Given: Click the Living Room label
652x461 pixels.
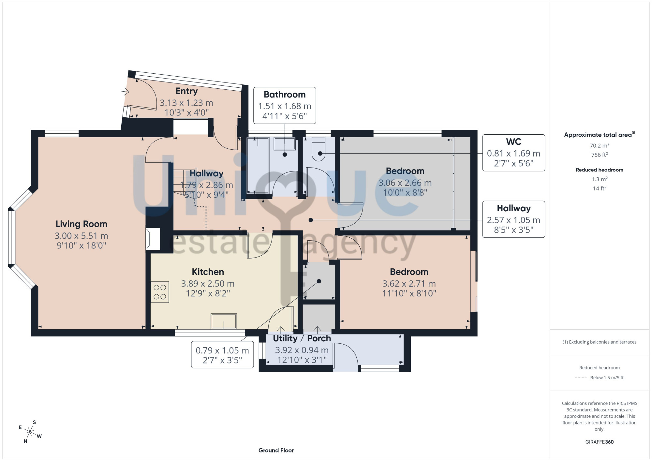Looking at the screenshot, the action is pyautogui.click(x=81, y=224).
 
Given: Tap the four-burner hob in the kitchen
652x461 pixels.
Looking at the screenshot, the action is pyautogui.click(x=160, y=292).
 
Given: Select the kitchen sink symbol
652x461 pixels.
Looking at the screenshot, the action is pyautogui.click(x=224, y=321).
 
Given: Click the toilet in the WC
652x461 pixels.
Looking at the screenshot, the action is pyautogui.click(x=319, y=149).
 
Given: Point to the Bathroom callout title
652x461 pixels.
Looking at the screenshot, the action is pyautogui.click(x=285, y=95).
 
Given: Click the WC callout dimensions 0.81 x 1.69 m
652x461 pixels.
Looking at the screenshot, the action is pyautogui.click(x=513, y=153).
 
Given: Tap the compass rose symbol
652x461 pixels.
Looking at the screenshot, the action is pyautogui.click(x=30, y=432).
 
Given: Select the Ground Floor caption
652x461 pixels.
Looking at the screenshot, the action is pyautogui.click(x=276, y=450).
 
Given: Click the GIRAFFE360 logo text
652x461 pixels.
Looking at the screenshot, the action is pyautogui.click(x=599, y=442).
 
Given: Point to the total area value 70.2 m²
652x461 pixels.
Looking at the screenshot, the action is pyautogui.click(x=599, y=145).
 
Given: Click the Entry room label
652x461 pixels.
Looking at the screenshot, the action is pyautogui.click(x=186, y=91).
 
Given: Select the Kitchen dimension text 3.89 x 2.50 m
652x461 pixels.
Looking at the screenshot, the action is pyautogui.click(x=208, y=284).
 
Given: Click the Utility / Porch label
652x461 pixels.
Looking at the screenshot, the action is pyautogui.click(x=302, y=338).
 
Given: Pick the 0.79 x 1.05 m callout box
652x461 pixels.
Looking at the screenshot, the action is pyautogui.click(x=222, y=355).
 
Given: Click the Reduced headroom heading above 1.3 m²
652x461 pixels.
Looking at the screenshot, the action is pyautogui.click(x=599, y=170).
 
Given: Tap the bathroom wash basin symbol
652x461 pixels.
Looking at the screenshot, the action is pyautogui.click(x=285, y=144).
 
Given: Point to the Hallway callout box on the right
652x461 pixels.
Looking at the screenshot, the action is pyautogui.click(x=513, y=219).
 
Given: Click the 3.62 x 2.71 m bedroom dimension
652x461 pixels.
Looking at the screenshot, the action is pyautogui.click(x=409, y=284).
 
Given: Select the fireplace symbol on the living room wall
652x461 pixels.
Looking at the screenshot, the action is pyautogui.click(x=153, y=239).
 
